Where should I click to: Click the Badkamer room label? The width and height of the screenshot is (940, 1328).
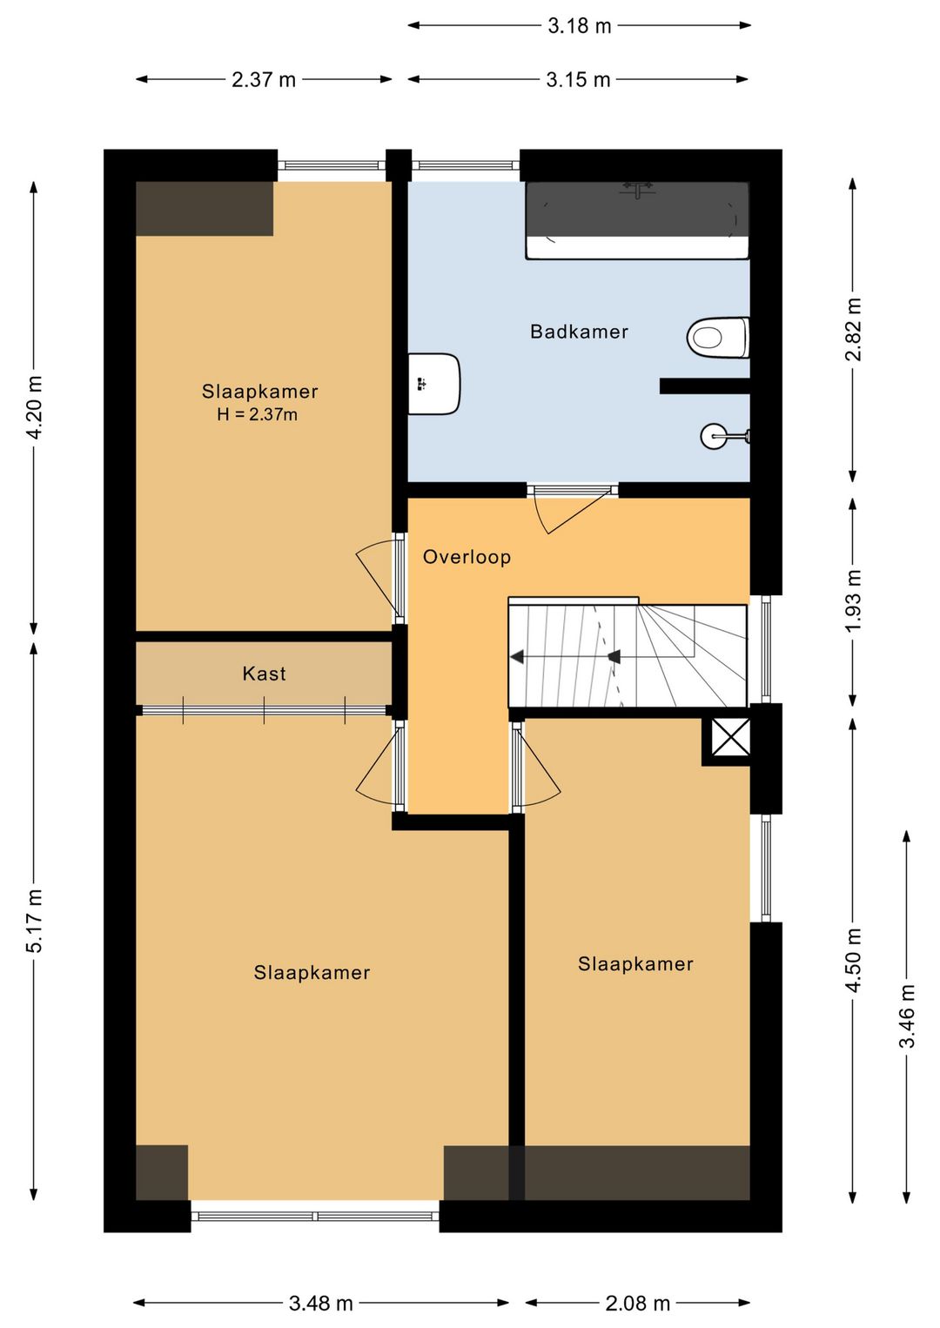(579, 332)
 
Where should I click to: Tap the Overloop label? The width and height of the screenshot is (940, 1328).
(467, 557)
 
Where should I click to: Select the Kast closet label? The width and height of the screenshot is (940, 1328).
(264, 674)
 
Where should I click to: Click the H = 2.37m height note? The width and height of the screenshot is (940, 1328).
(257, 414)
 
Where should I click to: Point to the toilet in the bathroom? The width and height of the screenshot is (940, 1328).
(718, 338)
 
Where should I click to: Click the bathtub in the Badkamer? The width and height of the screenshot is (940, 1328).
(637, 220)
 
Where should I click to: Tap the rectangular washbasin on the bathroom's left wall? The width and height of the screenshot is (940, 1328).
(434, 384)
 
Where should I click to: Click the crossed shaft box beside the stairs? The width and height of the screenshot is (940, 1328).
(730, 738)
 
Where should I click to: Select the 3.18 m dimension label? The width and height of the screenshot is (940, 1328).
(579, 26)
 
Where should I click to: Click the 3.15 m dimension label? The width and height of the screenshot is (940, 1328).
(578, 80)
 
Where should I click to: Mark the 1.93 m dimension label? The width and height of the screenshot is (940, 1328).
(854, 601)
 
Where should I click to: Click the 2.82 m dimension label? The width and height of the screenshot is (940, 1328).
(854, 330)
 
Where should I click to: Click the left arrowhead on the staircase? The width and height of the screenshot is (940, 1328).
(517, 656)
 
